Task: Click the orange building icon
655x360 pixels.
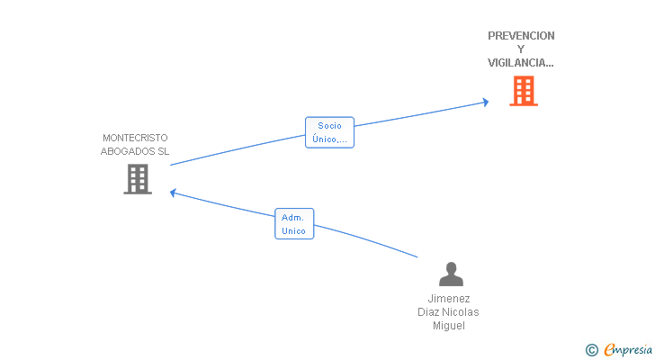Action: point(524,91)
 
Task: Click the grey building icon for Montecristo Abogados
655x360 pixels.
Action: point(138,179)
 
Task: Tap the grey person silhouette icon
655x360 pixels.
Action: point(451,274)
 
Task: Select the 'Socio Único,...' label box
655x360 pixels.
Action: point(329,132)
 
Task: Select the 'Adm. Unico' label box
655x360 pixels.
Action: point(294,223)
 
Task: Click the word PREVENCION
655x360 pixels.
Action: point(521,36)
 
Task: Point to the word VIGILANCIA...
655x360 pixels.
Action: point(517,63)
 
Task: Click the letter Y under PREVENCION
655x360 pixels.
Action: point(520,49)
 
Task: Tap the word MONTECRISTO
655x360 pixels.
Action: point(135,138)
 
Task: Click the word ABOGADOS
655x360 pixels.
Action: point(128,151)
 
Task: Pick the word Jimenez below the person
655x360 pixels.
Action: point(449,299)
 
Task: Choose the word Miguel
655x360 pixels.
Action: point(449,325)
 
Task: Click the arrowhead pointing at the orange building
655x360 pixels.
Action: point(486,102)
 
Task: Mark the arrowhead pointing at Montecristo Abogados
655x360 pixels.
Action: point(173,193)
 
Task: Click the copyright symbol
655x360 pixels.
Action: point(591,350)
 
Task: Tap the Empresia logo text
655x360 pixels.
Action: point(628,349)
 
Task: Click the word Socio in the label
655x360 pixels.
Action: point(329,126)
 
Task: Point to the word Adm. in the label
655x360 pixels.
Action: point(292,218)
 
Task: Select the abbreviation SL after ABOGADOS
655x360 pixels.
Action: point(164,151)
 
